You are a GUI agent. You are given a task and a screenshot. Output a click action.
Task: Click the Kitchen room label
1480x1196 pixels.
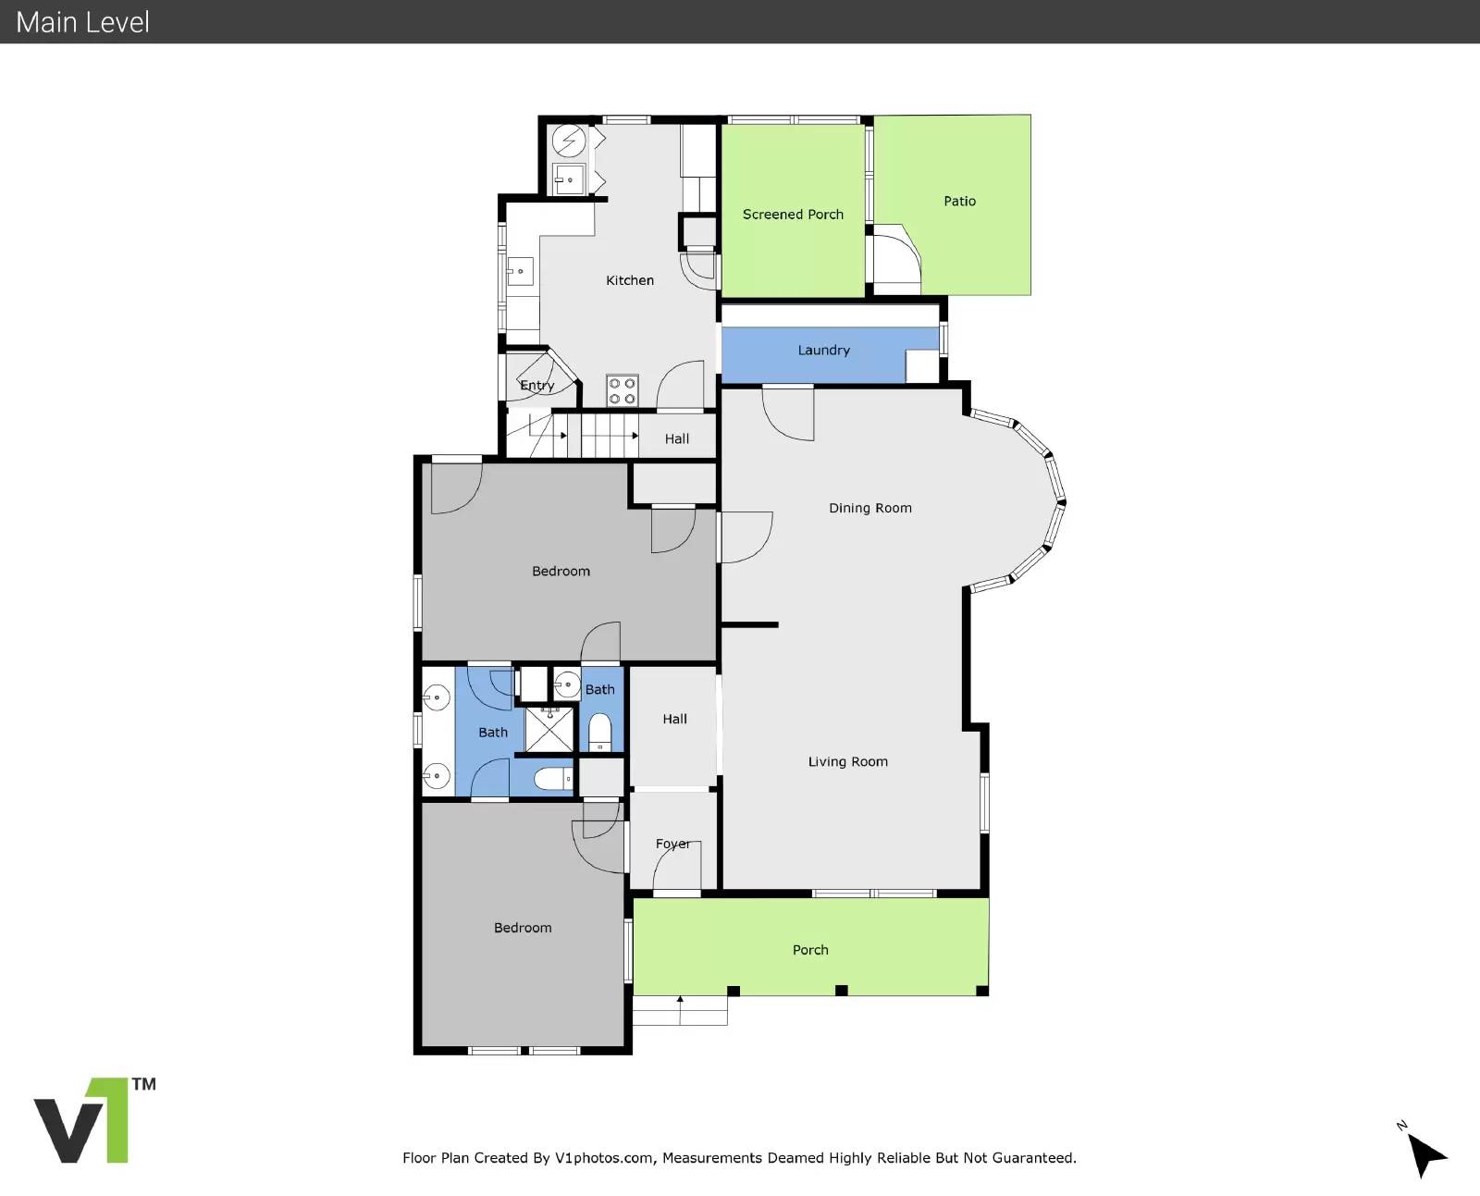coord(630,280)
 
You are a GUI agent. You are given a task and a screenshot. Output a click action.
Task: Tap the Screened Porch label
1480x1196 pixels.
coord(793,214)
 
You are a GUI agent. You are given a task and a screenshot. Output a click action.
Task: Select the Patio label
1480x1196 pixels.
coord(959,201)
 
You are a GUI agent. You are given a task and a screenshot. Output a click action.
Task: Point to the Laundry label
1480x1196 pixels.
coord(823,351)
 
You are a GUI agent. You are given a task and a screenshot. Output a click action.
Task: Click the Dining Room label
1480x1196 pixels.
coord(869,508)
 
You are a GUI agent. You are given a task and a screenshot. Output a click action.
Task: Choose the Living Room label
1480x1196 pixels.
coord(847,761)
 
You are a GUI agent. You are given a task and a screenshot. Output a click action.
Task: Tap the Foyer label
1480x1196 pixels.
coord(672,844)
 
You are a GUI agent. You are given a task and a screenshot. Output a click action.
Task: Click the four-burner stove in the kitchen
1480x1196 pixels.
coord(622,390)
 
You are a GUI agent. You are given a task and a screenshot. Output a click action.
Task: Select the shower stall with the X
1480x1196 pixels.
coord(549,730)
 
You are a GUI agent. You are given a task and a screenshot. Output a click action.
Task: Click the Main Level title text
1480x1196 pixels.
coord(82,22)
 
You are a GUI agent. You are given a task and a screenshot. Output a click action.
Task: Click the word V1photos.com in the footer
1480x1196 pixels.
coord(604,1158)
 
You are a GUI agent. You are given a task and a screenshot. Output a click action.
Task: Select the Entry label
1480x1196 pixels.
coord(537,385)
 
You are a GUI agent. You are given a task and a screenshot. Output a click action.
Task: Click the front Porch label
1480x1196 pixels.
coord(810,950)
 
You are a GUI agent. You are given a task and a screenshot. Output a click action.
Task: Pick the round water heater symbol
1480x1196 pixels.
coord(569,142)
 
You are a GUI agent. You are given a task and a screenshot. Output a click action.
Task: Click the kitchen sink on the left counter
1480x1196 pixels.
coord(520,271)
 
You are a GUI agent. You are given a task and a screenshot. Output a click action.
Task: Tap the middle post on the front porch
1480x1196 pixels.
coord(842,991)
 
